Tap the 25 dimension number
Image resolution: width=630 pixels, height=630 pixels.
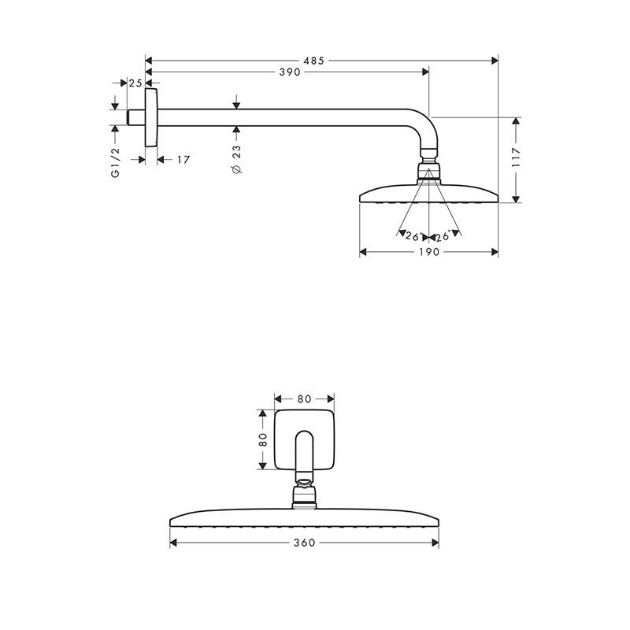135,83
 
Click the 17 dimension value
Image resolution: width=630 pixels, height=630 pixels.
183,160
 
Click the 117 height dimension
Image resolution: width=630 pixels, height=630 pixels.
517,161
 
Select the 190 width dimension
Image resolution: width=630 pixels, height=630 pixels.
428,252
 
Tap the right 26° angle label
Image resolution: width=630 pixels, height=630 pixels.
443,235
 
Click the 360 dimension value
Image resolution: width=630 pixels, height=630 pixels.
304,543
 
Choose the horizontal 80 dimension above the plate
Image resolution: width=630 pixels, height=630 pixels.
304,398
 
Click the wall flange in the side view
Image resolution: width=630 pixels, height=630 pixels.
151,117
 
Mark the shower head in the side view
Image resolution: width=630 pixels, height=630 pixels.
428,193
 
